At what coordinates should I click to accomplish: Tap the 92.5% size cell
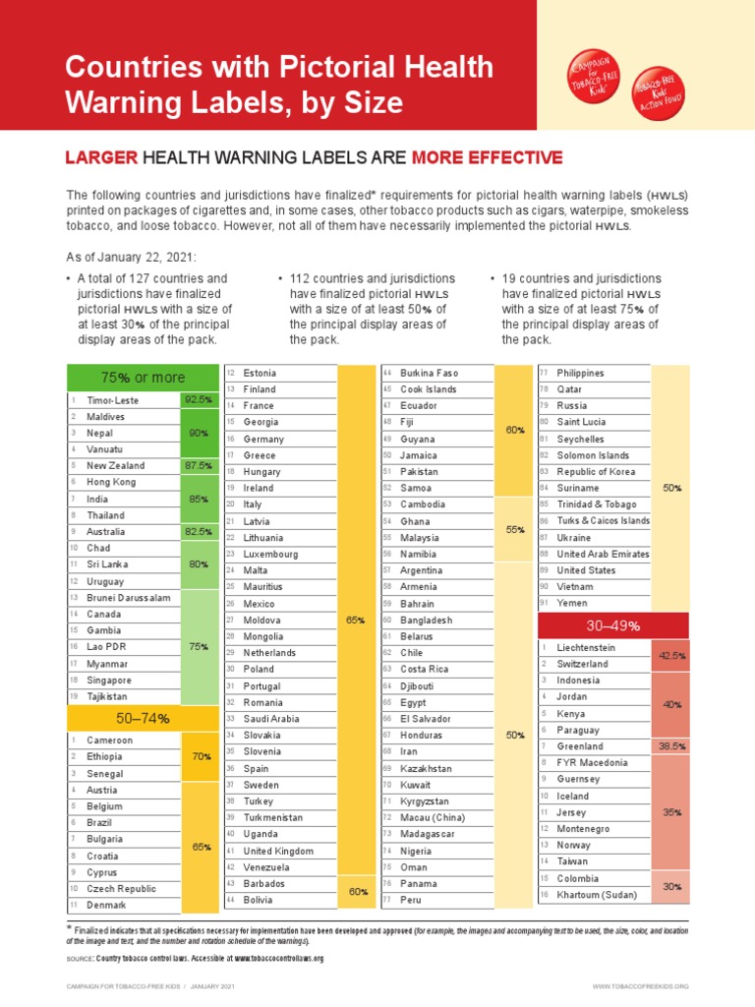pyautogui.click(x=197, y=400)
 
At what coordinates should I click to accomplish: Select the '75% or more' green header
pyautogui.click(x=140, y=378)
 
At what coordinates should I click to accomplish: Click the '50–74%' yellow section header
pyautogui.click(x=140, y=718)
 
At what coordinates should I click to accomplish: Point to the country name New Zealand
pyautogui.click(x=116, y=466)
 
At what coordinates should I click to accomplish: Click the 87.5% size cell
pyautogui.click(x=197, y=466)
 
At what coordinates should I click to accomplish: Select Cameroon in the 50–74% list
pyautogui.click(x=110, y=740)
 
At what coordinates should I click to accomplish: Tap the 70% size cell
pyautogui.click(x=202, y=756)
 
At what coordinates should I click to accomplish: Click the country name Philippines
pyautogui.click(x=580, y=374)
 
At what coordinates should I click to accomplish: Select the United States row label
pyautogui.click(x=586, y=570)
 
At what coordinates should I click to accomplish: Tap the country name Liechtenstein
pyautogui.click(x=586, y=648)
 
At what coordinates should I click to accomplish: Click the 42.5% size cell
pyautogui.click(x=672, y=656)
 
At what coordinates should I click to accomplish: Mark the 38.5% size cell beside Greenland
pyautogui.click(x=672, y=746)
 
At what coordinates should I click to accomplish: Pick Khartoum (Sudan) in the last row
pyautogui.click(x=597, y=895)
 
